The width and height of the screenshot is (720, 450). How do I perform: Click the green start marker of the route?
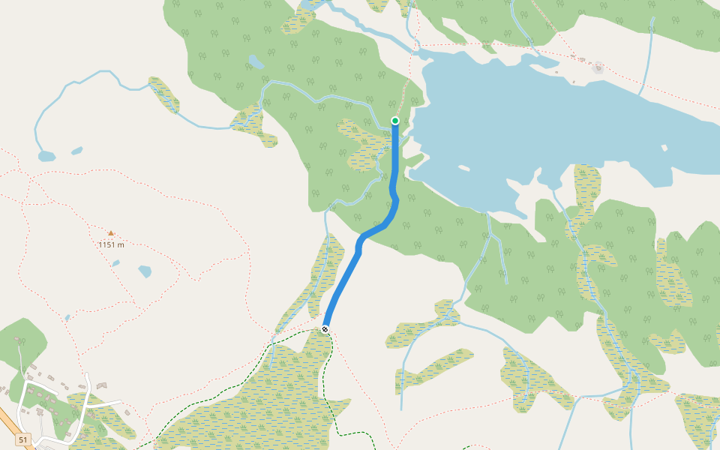[395, 120]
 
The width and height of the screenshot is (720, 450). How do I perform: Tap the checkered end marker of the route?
[325, 329]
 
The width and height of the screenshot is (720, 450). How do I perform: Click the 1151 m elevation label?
[111, 244]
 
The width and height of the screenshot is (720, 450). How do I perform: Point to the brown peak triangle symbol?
[111, 233]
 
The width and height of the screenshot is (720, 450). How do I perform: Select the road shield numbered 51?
[23, 439]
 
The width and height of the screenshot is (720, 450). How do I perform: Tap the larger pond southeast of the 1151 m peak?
[144, 271]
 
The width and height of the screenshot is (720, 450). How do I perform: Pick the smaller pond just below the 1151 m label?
[115, 263]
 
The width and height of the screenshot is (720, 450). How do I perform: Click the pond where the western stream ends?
[46, 157]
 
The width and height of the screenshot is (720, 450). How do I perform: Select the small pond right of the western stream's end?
[76, 151]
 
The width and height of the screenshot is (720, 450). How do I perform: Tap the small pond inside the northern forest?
[256, 61]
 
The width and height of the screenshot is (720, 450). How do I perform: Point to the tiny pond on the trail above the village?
[67, 318]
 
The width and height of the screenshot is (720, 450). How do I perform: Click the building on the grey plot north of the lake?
[598, 68]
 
